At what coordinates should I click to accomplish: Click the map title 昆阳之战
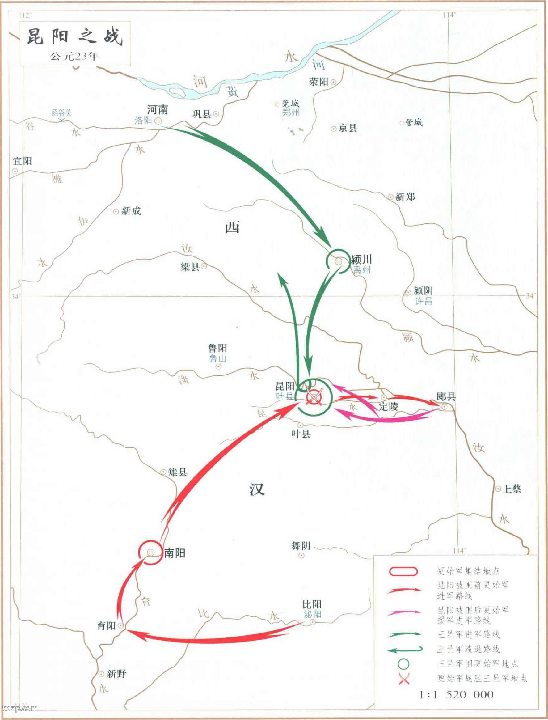click(x=75, y=36)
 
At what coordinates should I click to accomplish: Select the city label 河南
click(x=157, y=110)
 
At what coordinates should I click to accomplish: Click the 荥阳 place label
click(x=318, y=82)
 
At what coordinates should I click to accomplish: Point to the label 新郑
click(x=405, y=197)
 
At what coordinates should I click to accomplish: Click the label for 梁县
click(x=190, y=267)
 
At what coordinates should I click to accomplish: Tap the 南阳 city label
click(x=175, y=553)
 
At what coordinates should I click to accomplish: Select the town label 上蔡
click(x=512, y=489)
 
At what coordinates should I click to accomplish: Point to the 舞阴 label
click(x=301, y=546)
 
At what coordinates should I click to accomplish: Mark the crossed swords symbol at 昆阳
click(x=314, y=397)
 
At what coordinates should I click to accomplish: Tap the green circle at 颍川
click(x=338, y=261)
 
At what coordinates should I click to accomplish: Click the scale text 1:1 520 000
click(x=456, y=694)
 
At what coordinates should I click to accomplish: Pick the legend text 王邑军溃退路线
click(x=468, y=649)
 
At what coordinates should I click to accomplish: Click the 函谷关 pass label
click(x=61, y=113)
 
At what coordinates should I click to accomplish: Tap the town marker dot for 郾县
click(x=444, y=407)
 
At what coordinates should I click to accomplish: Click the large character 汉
click(x=257, y=489)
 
